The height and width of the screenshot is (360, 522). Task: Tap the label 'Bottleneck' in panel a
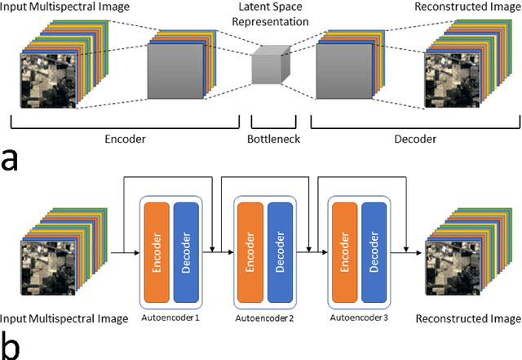274,139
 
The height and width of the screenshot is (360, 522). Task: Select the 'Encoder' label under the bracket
125,139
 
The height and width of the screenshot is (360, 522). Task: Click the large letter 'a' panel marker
11,159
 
